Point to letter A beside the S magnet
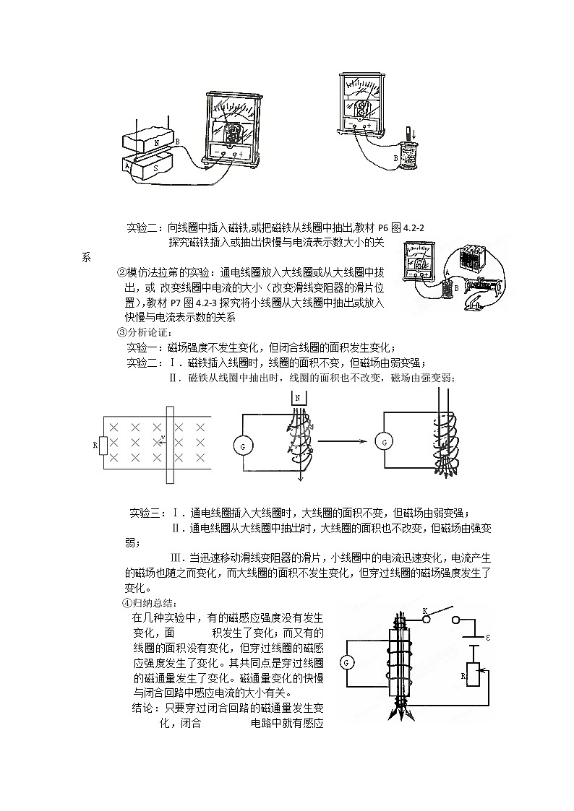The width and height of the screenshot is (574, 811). point(127,165)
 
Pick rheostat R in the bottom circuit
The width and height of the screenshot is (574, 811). point(473,675)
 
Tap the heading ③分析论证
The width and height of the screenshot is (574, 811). point(145,332)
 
